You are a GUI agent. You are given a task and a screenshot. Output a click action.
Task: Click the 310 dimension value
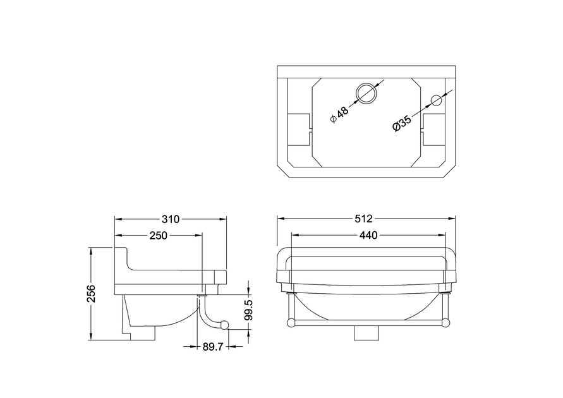(171, 219)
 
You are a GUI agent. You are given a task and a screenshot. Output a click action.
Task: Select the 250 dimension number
(159, 236)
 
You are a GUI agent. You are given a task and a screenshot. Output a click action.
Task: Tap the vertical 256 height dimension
(92, 294)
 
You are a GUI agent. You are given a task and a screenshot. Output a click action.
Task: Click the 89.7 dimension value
(213, 347)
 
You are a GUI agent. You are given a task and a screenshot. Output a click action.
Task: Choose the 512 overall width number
(364, 219)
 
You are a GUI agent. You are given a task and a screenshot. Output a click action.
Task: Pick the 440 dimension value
(368, 236)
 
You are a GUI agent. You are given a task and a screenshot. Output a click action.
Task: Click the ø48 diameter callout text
(339, 114)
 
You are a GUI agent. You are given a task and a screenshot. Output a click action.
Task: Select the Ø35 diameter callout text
(402, 123)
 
